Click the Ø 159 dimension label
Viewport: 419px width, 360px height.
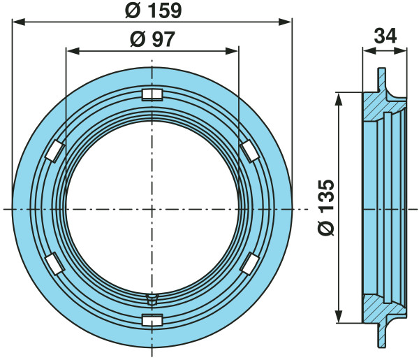point(154,11)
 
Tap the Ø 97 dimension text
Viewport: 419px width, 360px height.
point(152,39)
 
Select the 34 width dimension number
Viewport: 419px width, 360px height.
point(385,36)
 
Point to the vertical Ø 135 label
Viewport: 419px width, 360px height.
point(326,208)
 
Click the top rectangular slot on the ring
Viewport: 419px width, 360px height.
point(152,94)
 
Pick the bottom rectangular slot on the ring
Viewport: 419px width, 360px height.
point(152,320)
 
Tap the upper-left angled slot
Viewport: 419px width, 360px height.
point(55,151)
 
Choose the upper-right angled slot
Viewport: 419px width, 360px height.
point(249,152)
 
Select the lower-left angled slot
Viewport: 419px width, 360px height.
point(55,264)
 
